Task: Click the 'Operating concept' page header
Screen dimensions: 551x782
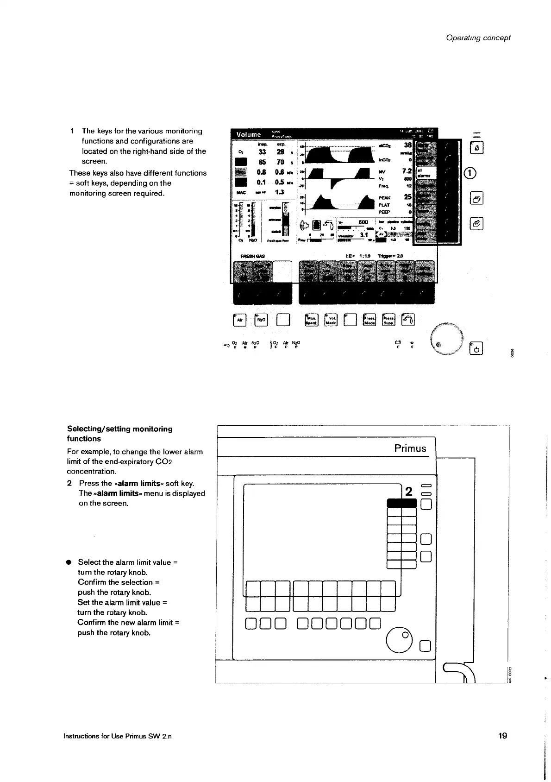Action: (x=478, y=38)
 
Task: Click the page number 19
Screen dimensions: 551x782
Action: (x=503, y=736)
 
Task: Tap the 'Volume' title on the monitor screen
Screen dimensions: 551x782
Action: (x=249, y=134)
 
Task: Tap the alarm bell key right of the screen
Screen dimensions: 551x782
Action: (x=476, y=148)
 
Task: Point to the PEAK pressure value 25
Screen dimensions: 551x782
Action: (x=408, y=197)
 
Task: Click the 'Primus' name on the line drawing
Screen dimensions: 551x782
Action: (x=410, y=448)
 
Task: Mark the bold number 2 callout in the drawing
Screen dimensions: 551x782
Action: (x=408, y=492)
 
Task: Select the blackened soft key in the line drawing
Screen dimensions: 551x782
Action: (x=401, y=503)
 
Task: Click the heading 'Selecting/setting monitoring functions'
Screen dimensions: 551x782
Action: (x=119, y=434)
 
